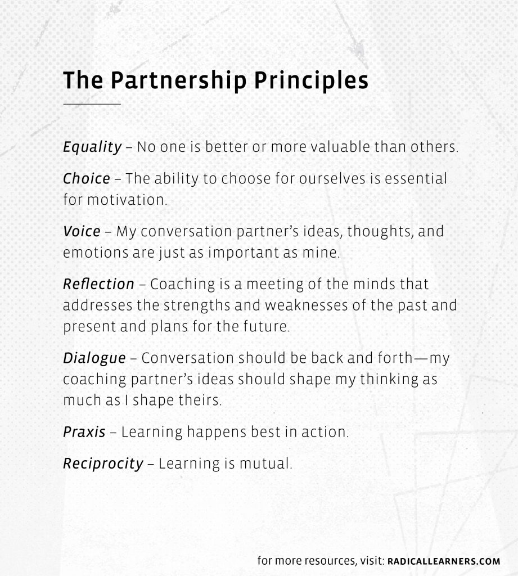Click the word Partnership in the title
178,81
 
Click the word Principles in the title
311,81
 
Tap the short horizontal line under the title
92,104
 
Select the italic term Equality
92,147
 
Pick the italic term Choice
87,179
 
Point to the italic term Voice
82,232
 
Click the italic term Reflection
99,284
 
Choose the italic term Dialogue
94,358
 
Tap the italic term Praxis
84,433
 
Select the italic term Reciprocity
103,464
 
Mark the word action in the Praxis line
325,433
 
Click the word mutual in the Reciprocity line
266,464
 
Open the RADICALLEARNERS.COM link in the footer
444,562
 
